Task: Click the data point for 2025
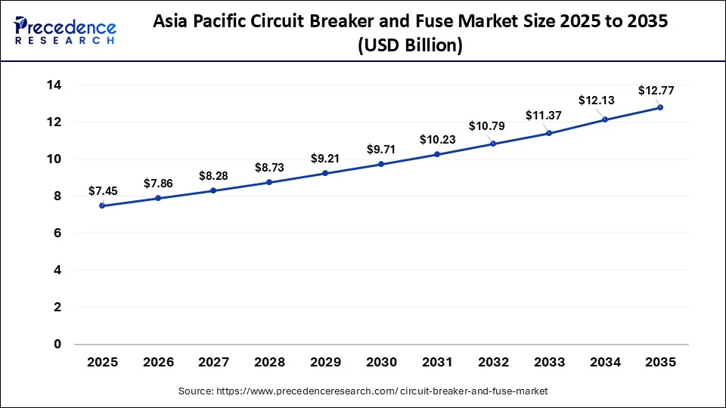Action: click(102, 206)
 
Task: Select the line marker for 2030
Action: click(381, 164)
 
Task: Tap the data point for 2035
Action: click(660, 107)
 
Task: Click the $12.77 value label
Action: click(656, 91)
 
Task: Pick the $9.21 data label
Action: click(325, 159)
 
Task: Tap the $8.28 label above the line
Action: click(213, 175)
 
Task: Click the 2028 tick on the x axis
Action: click(269, 363)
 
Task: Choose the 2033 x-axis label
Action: click(548, 363)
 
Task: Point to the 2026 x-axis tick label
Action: click(158, 363)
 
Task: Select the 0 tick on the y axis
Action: click(57, 345)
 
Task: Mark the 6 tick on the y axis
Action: click(57, 233)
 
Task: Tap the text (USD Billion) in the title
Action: click(410, 45)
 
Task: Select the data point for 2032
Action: click(493, 144)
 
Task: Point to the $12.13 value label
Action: click(597, 100)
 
